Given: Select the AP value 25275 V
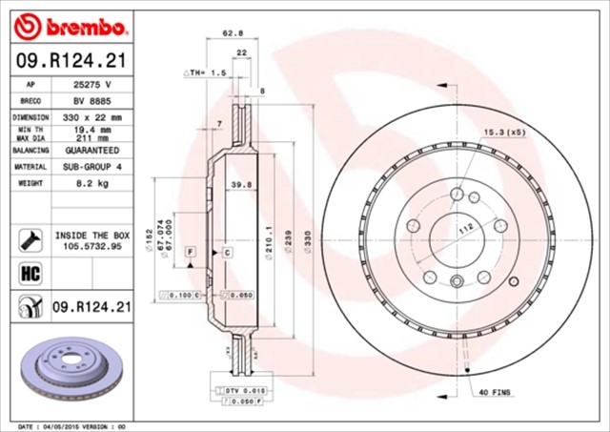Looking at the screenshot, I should [93, 84].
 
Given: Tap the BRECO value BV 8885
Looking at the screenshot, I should [93, 100].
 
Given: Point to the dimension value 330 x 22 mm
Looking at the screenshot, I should [93, 116].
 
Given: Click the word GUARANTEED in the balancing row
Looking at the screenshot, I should [93, 151].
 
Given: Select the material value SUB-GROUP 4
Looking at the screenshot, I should [93, 167].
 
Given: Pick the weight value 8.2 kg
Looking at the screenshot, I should [93, 183].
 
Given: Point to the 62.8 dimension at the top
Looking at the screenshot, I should [229, 33].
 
